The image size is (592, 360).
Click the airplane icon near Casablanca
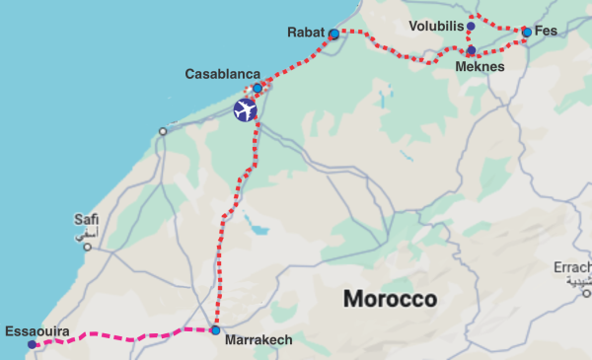(x=246, y=110)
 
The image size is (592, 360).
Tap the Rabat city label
(x=306, y=33)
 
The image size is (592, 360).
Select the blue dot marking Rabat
(x=333, y=35)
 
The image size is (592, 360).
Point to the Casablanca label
(x=222, y=74)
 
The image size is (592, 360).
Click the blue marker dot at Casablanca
(x=258, y=88)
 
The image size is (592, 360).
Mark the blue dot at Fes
(x=527, y=33)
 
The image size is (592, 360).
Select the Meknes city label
(x=481, y=66)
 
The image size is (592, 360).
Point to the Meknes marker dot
(x=472, y=50)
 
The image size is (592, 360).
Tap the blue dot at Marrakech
(x=215, y=330)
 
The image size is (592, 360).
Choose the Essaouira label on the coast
(x=37, y=331)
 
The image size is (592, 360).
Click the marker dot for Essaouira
(x=33, y=344)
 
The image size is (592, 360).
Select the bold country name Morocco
(x=389, y=299)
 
